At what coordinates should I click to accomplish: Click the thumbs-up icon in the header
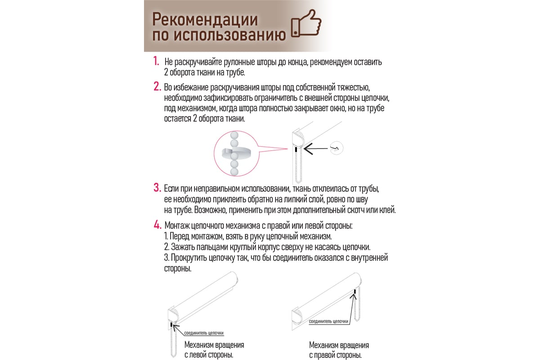coord(306,27)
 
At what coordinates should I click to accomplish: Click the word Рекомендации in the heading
coord(205,19)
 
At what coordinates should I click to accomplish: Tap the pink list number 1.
coord(156,61)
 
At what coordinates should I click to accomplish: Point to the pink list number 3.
coord(157,187)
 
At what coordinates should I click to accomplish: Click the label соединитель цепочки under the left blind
coord(203,333)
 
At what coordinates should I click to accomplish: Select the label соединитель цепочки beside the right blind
coord(328,321)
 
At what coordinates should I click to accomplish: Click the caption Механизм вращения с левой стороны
coord(214,350)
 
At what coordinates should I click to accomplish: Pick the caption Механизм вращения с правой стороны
coord(338,350)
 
